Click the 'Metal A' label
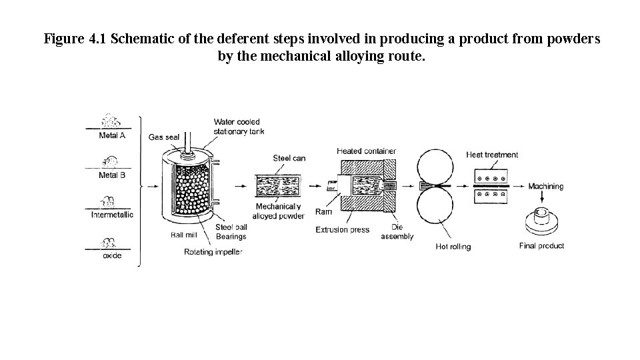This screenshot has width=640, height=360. pos(112,135)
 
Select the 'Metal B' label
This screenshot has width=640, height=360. pos(112,175)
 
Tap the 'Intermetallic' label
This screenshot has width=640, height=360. pos(112,215)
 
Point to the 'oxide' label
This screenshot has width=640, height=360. pos(112,256)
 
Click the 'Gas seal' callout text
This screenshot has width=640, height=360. pos(164,137)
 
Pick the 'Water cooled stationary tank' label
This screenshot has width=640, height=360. pos(239,127)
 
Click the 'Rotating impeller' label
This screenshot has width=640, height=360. pos(213,252)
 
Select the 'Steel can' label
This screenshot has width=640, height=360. pos(289,158)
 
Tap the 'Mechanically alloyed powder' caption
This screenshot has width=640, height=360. pos(280,211)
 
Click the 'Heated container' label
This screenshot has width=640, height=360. pos(366,151)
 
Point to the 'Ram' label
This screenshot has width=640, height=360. pos(323,212)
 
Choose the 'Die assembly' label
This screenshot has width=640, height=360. pos(401,231)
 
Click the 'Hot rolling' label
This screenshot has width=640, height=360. pos(453,247)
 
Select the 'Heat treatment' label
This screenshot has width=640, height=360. pos(492,155)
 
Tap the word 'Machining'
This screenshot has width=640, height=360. pos(545,187)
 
